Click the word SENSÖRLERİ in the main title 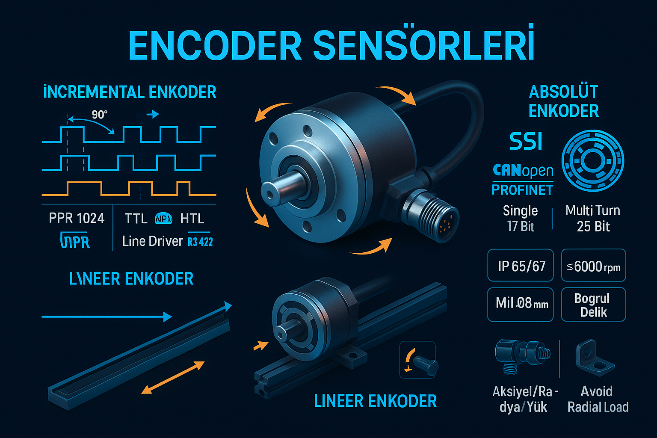pos(423,45)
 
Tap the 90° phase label pos(99,115)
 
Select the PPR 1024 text pos(77,218)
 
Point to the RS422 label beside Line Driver pos(200,242)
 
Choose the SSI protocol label pos(526,141)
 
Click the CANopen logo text pos(523,171)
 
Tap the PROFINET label pos(522,189)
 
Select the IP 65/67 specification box pos(521,266)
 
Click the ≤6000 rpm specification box pos(593,266)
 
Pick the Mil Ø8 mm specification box pos(521,304)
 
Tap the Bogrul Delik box pos(593,305)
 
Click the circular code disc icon pos(592,161)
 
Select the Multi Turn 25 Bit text pos(593,218)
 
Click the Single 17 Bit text pos(520,218)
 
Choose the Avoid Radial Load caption pos(598,399)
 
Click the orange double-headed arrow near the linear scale pos(173,377)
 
